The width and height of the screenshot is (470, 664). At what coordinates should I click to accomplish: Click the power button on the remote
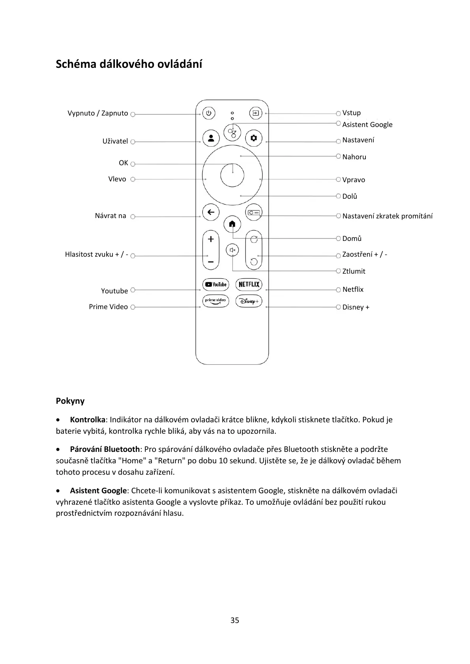tap(209, 114)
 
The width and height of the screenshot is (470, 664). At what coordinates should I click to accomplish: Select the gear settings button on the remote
tap(253, 138)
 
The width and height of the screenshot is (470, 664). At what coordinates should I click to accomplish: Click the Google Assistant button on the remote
tap(232, 132)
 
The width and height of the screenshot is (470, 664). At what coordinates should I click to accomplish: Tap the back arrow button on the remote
tap(211, 212)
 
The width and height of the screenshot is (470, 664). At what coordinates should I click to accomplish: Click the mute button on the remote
tap(232, 250)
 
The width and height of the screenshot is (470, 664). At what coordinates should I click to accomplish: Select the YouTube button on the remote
tap(215, 284)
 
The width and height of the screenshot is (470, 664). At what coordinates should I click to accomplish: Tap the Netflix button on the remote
tap(249, 284)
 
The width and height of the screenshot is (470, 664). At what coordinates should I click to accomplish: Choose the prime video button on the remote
tap(215, 301)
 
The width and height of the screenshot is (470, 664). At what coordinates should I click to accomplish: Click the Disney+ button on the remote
tap(249, 301)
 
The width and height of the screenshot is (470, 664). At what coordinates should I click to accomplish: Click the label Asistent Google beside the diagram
tap(367, 125)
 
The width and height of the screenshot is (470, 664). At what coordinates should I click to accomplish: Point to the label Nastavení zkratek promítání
tap(387, 216)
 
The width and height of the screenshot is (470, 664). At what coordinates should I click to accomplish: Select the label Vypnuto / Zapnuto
tap(97, 114)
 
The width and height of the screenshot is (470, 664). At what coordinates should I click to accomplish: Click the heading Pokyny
tap(70, 401)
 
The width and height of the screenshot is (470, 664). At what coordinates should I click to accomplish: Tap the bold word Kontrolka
tap(88, 420)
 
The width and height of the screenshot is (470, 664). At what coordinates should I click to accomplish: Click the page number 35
tap(235, 620)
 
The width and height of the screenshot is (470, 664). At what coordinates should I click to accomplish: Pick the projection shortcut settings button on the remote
tap(254, 213)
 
